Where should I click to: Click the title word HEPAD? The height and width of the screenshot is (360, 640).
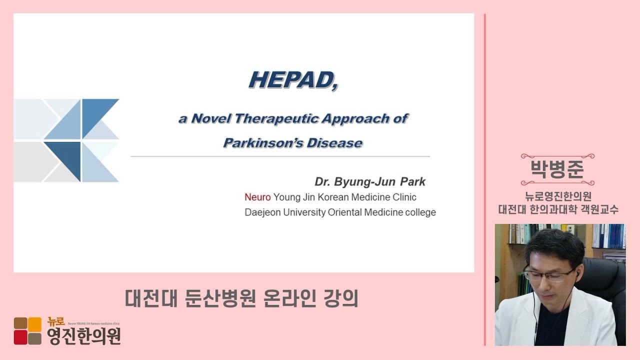[x=293, y=80]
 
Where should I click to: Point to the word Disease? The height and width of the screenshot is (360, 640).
[x=334, y=143]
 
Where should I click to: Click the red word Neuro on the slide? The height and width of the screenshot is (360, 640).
[x=257, y=197]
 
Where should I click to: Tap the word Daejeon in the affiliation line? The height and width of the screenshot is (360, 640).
[x=262, y=212]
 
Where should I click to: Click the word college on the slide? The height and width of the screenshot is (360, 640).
[x=420, y=212]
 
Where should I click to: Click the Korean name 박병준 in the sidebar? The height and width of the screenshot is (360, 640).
[x=557, y=169]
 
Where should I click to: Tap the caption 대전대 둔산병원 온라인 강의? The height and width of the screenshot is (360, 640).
[x=241, y=298]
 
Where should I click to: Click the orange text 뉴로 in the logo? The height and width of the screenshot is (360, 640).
[x=56, y=322]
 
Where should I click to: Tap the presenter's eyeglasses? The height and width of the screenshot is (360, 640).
[x=548, y=274]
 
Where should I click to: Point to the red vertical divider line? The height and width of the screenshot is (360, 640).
[x=485, y=179]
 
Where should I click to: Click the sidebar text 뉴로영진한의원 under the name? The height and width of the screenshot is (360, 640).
[x=558, y=196]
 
